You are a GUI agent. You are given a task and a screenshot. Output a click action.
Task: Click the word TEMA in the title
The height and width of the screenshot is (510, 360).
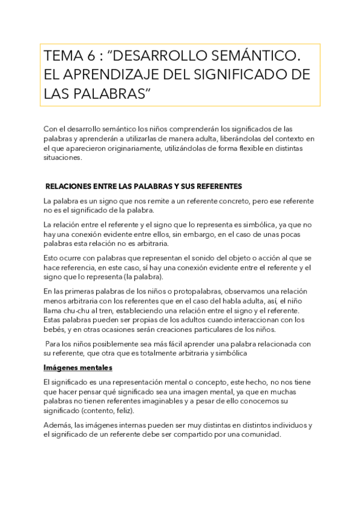click(62, 57)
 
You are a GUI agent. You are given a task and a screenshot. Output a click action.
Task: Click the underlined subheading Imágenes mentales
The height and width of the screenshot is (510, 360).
click(78, 367)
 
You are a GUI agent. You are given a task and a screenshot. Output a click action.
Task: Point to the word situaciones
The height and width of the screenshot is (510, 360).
click(63, 158)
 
